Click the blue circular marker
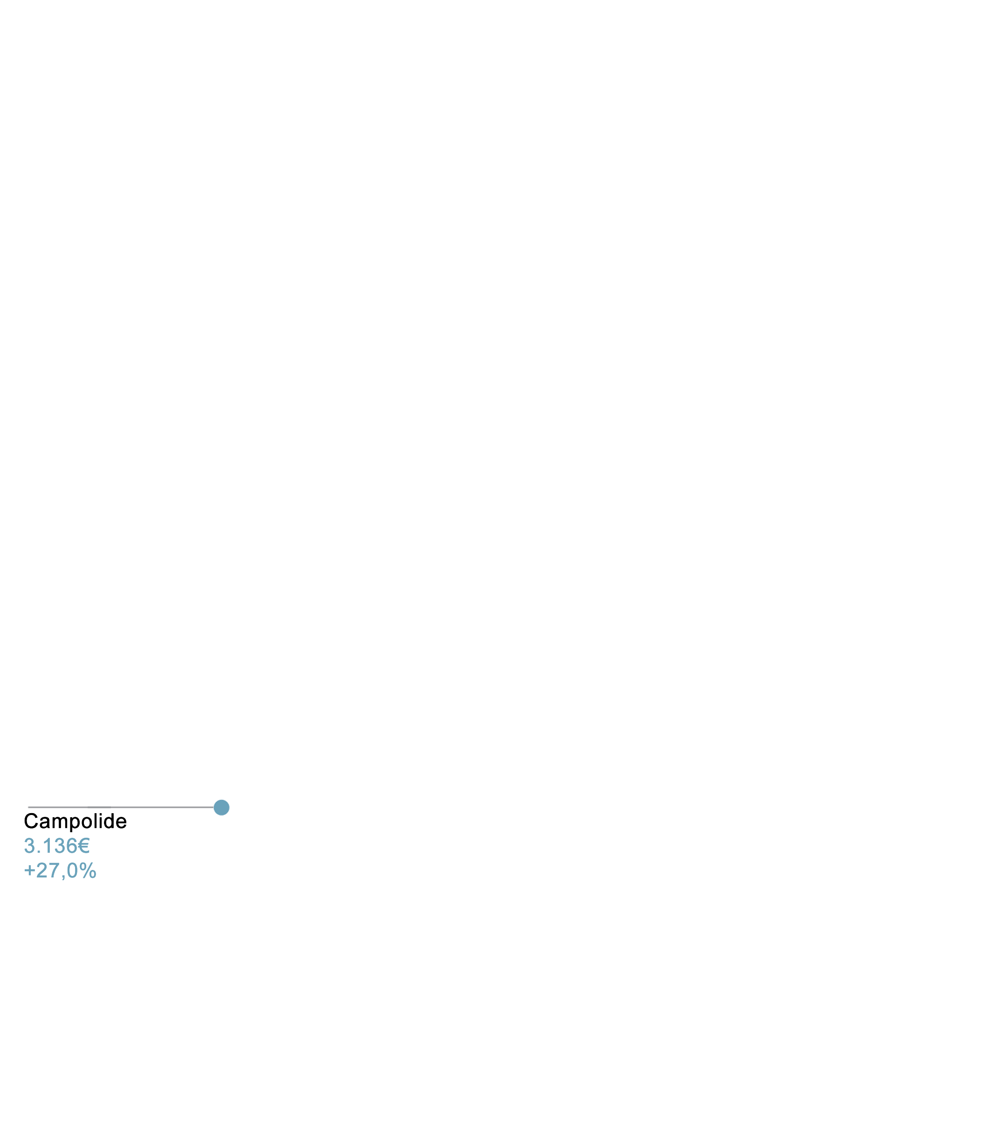tap(221, 808)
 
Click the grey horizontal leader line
tap(121, 808)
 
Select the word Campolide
tap(75, 821)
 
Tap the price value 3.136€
tap(56, 846)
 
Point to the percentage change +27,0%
tap(60, 870)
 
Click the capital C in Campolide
tap(31, 821)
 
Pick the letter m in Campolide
tap(58, 823)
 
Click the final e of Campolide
tap(122, 823)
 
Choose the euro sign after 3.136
tap(83, 846)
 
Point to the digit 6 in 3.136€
tap(71, 846)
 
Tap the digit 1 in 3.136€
tap(47, 846)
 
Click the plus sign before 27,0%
tap(30, 871)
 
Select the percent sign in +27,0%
tap(88, 870)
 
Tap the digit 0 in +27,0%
tap(72, 870)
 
